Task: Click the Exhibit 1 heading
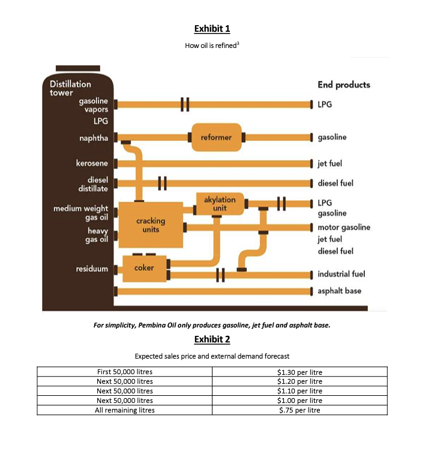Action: click(212, 28)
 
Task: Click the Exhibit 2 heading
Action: click(212, 339)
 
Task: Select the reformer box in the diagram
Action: click(216, 137)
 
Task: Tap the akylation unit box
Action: click(220, 203)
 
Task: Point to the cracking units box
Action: click(151, 225)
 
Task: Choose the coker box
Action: click(144, 267)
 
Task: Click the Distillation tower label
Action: click(70, 88)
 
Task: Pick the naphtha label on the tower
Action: click(94, 138)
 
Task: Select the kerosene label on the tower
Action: click(92, 163)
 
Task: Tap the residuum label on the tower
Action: click(92, 268)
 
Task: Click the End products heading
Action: click(343, 85)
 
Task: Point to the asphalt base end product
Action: click(339, 290)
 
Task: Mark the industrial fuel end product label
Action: click(341, 274)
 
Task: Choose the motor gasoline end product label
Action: click(343, 227)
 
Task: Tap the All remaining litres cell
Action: click(124, 410)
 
